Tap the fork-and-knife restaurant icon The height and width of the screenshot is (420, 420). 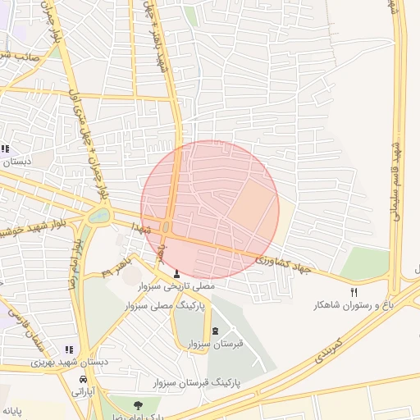click(354, 291)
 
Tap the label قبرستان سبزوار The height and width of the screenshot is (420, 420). click(216, 345)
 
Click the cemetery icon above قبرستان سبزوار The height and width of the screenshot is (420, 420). click(216, 331)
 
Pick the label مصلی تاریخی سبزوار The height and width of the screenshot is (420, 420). click(177, 286)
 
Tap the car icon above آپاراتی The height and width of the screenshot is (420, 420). click(84, 380)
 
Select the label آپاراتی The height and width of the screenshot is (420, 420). click(84, 392)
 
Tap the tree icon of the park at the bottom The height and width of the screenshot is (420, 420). click(137, 404)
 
